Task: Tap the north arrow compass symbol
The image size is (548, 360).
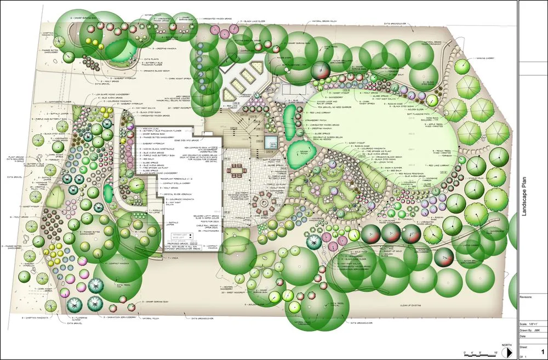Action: (x=507, y=349)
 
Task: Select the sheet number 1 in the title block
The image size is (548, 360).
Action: (x=542, y=351)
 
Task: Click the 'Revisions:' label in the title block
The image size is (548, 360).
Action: (x=527, y=296)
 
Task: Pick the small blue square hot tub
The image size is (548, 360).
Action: (x=270, y=143)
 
